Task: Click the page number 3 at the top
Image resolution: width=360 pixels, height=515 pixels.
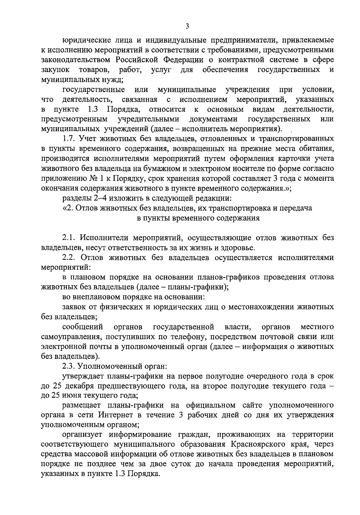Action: (187, 26)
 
